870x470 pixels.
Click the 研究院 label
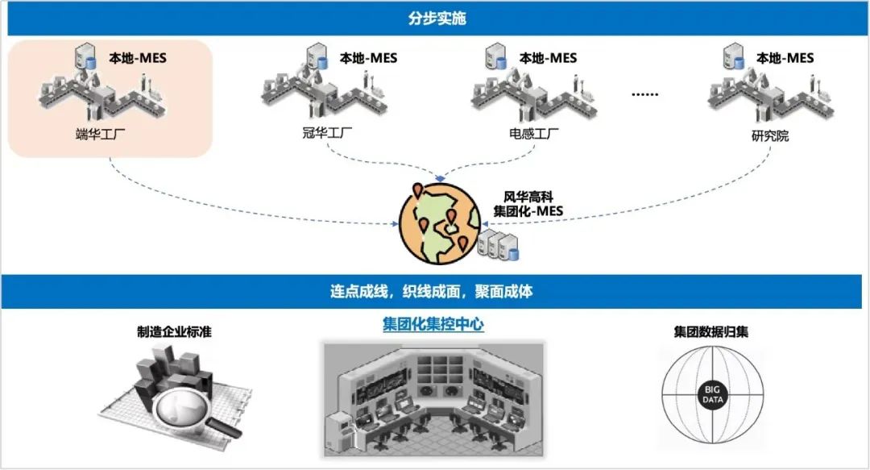pyautogui.click(x=769, y=135)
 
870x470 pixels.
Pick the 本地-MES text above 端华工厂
pyautogui.click(x=138, y=58)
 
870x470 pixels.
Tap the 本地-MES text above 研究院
pyautogui.click(x=785, y=58)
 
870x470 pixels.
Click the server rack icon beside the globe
pyautogui.click(x=499, y=245)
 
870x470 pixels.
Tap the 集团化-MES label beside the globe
pyautogui.click(x=528, y=211)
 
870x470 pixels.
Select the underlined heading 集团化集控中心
pyautogui.click(x=433, y=325)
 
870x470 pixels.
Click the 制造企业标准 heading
pyautogui.click(x=174, y=331)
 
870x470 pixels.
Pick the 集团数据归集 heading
pyautogui.click(x=710, y=331)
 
